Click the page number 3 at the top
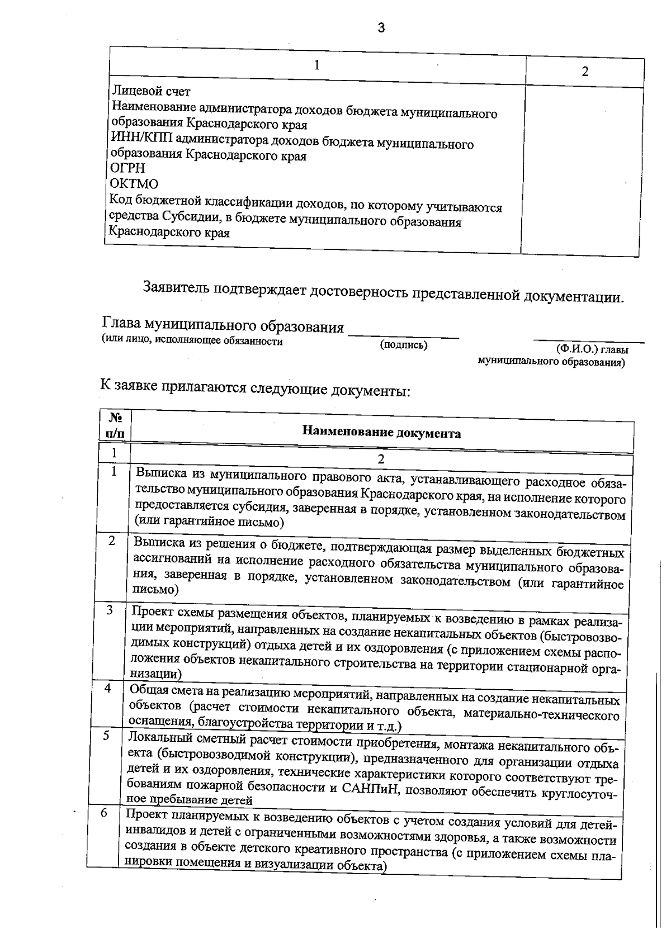pyautogui.click(x=381, y=28)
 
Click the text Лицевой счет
pyautogui.click(x=151, y=91)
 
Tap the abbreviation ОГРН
pyautogui.click(x=127, y=168)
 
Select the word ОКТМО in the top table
pyautogui.click(x=134, y=183)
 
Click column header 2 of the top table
pyautogui.click(x=585, y=72)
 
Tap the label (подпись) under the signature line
pyautogui.click(x=403, y=345)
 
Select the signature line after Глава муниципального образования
pyautogui.click(x=403, y=336)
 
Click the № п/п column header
pyautogui.click(x=115, y=425)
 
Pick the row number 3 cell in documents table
pyautogui.click(x=110, y=610)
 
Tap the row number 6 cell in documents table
pyautogui.click(x=104, y=813)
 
